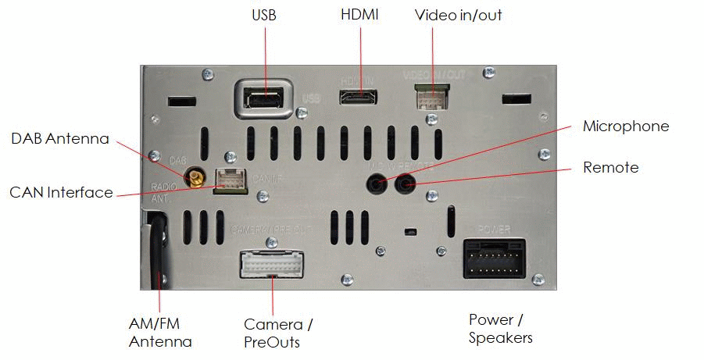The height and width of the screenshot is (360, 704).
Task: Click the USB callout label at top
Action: point(264,16)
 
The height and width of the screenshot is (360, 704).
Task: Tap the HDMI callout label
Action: point(359,15)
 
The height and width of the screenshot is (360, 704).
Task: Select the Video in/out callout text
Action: point(458,16)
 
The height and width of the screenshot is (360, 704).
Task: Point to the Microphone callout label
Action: point(626,127)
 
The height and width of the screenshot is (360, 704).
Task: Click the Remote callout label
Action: point(610,168)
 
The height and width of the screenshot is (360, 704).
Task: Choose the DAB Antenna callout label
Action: point(60,139)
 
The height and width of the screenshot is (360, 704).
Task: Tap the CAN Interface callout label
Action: point(61,192)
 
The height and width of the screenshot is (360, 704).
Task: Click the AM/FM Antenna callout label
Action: point(160,332)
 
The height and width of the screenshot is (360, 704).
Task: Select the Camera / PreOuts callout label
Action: point(278,333)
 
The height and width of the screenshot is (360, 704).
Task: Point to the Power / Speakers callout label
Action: point(501,329)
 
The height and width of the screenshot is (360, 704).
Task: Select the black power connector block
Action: point(494,258)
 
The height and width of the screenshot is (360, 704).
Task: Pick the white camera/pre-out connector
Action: point(273,264)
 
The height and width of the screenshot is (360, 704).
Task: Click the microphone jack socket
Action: point(377,184)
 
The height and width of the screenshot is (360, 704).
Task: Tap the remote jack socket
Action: point(406,184)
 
